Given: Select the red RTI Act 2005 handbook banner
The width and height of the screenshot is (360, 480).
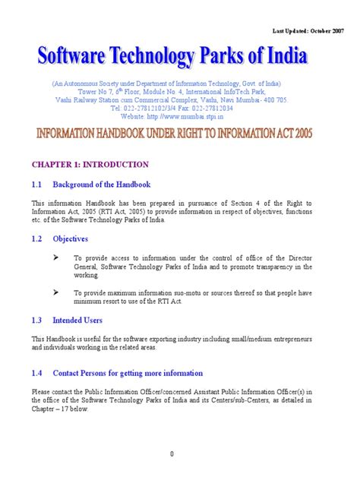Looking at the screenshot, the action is pos(179,134).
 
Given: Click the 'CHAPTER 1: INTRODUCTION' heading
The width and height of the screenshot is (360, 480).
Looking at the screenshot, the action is pos(90,164).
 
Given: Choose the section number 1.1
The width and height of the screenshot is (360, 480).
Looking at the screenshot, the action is pos(37,185).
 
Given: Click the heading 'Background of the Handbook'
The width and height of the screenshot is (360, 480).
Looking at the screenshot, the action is pos(102,185).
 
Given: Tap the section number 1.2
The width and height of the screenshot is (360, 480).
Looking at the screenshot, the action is pos(37,238).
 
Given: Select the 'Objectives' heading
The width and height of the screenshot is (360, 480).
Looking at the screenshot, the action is pos(70,238).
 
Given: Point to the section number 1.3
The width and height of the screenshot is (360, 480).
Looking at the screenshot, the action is pos(37,321).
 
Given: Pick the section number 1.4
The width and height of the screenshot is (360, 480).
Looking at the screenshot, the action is pos(37,373).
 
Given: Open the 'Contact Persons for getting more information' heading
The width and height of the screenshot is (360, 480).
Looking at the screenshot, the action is pos(128,373).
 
